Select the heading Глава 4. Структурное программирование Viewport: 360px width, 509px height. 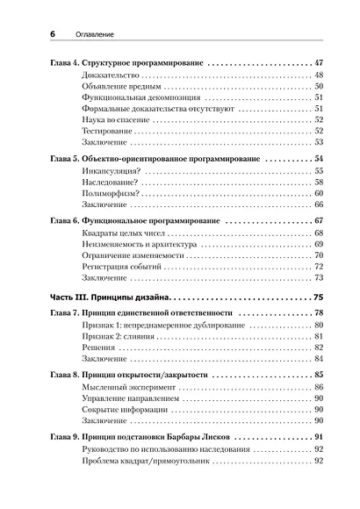tap(126, 64)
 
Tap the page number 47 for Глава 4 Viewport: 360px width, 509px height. tap(318, 64)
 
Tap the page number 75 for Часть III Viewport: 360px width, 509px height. tap(318, 298)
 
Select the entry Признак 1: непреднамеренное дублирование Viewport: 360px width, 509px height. tap(150, 326)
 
